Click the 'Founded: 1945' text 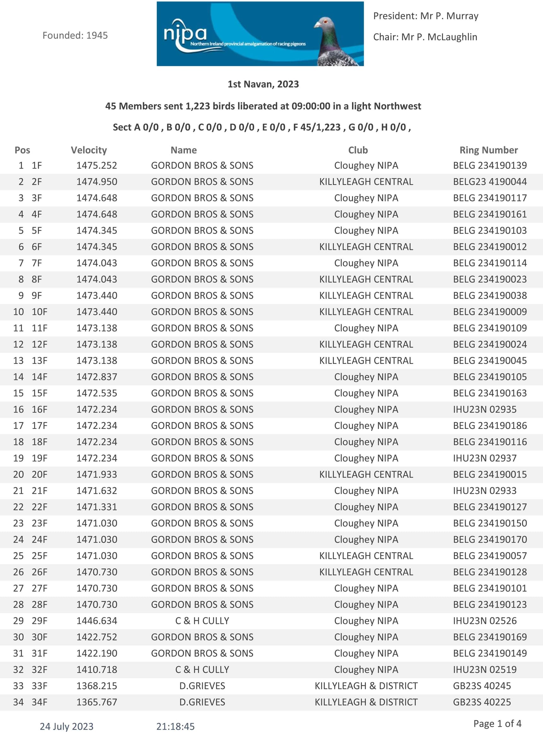(75, 35)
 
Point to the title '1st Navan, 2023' (263, 84)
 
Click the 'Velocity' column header (89, 150)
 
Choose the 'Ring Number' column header (488, 150)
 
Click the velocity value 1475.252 (97, 165)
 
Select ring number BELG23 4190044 (490, 182)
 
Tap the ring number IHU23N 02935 (485, 409)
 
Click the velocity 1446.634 (97, 621)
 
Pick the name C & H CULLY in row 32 (202, 670)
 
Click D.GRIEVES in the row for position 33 (202, 686)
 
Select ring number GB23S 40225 (482, 702)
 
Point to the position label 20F (39, 474)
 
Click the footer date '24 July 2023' (66, 726)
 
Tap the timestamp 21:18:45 (175, 726)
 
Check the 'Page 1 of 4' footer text (497, 724)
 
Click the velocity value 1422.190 (97, 653)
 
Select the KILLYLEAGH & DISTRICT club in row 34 (366, 702)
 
